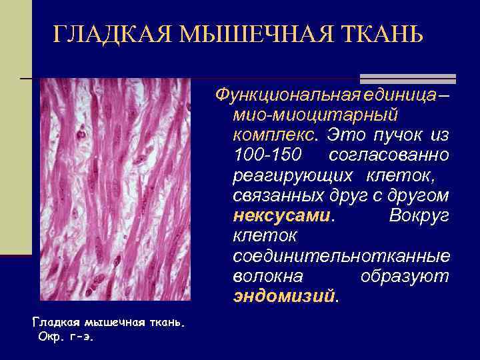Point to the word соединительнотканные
[341, 256]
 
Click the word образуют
[405, 276]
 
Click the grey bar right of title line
[407, 79]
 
